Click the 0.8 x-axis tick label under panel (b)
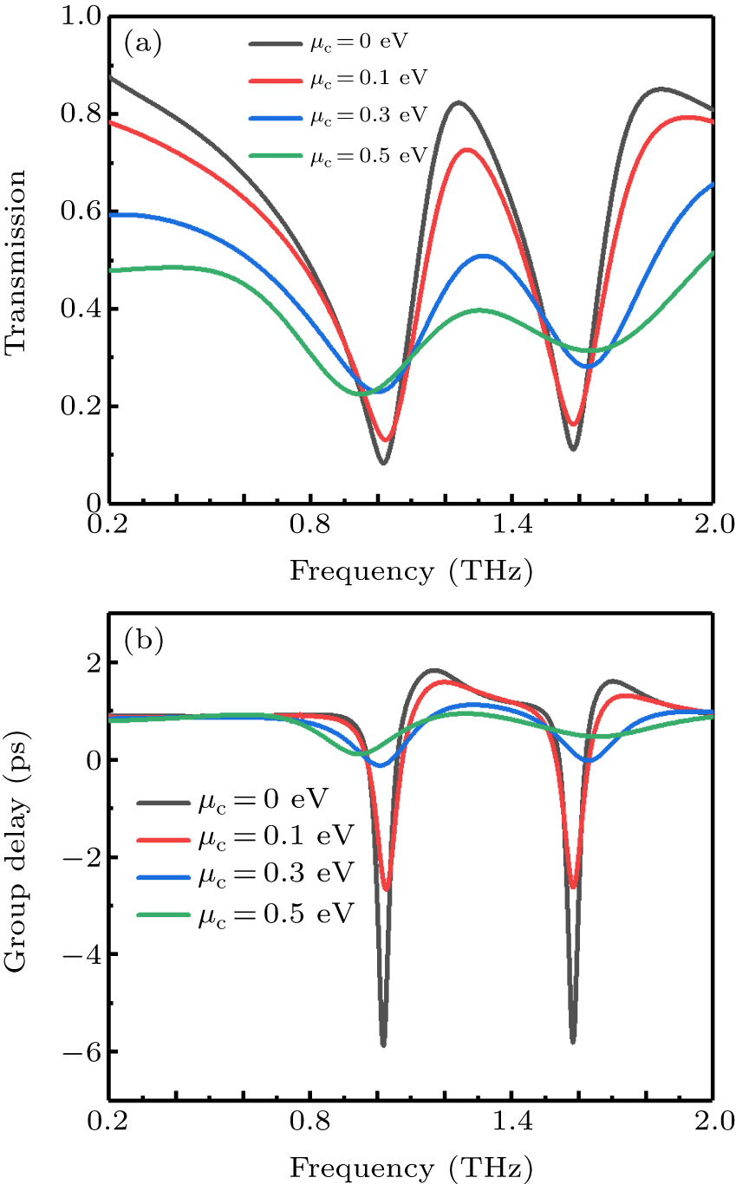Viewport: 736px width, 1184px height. click(309, 1122)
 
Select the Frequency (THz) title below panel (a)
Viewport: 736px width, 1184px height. click(410, 571)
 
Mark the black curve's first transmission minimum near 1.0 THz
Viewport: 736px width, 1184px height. click(384, 462)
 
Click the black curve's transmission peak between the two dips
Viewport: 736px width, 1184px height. click(458, 102)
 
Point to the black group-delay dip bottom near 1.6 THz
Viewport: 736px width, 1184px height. click(573, 1041)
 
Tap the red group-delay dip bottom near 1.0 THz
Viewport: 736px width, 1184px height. click(387, 888)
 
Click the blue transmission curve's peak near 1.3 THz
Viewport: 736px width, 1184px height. click(483, 256)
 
